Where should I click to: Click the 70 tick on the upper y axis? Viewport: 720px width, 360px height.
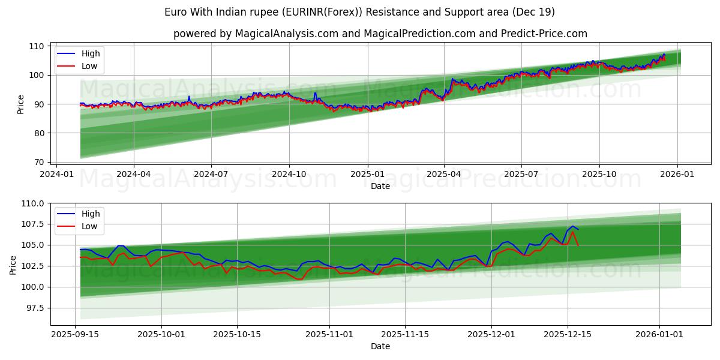(38, 162)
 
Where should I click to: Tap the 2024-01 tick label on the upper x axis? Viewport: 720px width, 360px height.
(56, 173)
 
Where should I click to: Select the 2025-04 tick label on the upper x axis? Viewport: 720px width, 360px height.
(444, 173)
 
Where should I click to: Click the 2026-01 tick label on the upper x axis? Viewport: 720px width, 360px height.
(677, 173)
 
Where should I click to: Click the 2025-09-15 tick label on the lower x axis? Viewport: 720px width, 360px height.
(75, 334)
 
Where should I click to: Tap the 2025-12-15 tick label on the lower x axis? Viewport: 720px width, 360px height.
(567, 334)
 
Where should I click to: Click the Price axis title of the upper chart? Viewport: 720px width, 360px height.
(21, 104)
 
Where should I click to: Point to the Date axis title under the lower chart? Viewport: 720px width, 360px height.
(380, 346)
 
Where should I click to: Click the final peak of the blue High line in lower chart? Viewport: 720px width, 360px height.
(573, 226)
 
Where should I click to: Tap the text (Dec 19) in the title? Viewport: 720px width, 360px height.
(533, 12)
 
